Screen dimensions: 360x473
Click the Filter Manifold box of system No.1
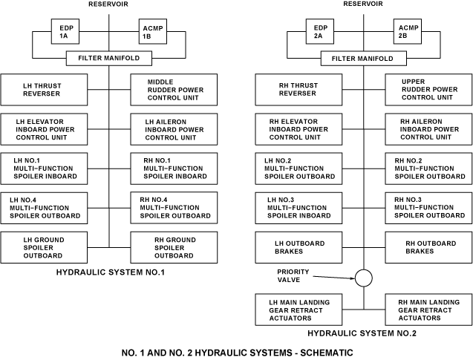pos(109,57)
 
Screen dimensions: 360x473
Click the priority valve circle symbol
pos(363,278)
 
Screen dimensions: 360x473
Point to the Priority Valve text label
pos(293,277)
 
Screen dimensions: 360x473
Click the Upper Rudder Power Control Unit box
pos(427,90)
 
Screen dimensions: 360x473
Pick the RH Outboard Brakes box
pos(427,246)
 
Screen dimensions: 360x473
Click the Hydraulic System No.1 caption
pos(110,272)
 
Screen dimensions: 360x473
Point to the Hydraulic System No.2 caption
pos(362,333)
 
